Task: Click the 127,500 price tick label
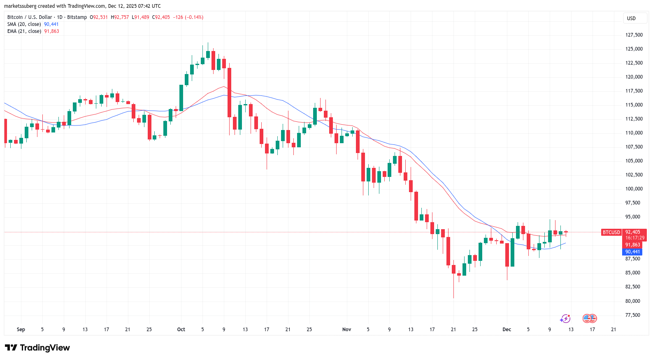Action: point(634,35)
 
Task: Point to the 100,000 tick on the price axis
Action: point(634,189)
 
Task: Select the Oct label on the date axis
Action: point(181,330)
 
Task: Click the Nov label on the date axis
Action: point(347,330)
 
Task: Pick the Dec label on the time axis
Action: point(507,330)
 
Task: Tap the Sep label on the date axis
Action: point(21,330)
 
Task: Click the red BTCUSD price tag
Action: point(611,232)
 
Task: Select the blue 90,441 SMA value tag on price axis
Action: point(632,252)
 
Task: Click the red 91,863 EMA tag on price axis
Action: point(632,245)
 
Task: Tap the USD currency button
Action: point(631,19)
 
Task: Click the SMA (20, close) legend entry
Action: point(24,24)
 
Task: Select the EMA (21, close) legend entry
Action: point(24,31)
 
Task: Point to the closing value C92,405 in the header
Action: point(161,17)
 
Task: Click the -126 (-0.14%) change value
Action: point(188,17)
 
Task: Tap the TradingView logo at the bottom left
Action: point(37,348)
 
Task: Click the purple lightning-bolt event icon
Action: point(565,318)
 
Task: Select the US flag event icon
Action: point(590,318)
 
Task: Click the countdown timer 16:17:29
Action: point(635,238)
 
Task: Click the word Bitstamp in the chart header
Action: point(77,17)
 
